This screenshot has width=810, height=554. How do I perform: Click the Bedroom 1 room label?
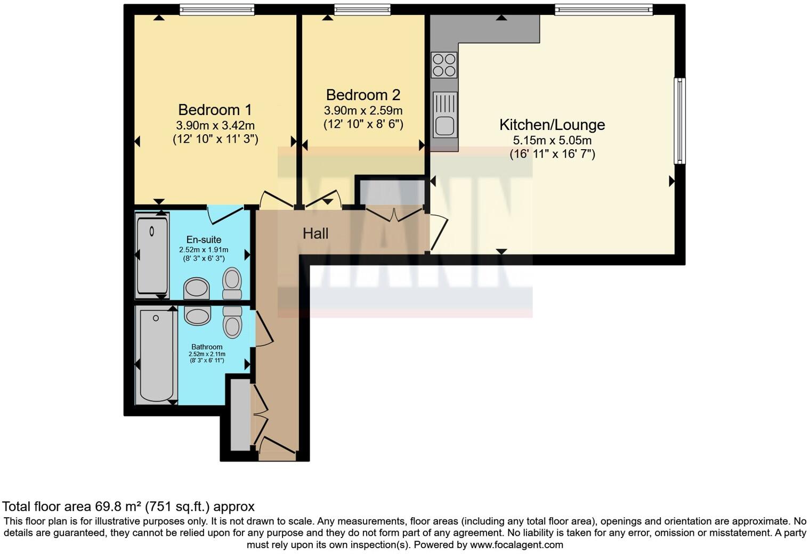[215, 110]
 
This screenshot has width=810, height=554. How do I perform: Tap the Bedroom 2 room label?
[363, 95]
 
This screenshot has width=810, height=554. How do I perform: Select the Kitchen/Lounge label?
[552, 125]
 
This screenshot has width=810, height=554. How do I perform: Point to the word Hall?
[315, 233]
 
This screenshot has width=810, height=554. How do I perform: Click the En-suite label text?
[204, 240]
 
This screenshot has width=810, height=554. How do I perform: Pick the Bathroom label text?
[207, 347]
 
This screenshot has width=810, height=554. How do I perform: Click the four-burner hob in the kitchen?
[444, 65]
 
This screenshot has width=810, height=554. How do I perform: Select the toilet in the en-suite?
[232, 283]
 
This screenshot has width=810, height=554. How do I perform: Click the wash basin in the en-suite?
[197, 289]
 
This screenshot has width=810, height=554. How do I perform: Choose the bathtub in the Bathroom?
[157, 355]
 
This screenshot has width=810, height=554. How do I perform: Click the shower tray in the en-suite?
[152, 253]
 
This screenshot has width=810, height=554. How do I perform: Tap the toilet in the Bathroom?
[232, 322]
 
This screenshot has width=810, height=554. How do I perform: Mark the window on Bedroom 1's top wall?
[216, 10]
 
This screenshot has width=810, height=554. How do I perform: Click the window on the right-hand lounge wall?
[679, 121]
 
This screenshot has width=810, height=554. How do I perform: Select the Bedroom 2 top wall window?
[362, 10]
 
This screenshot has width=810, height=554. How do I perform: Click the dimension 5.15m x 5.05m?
[552, 141]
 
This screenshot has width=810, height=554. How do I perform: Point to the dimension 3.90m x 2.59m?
[363, 111]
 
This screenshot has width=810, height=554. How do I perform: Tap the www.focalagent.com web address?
[516, 544]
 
